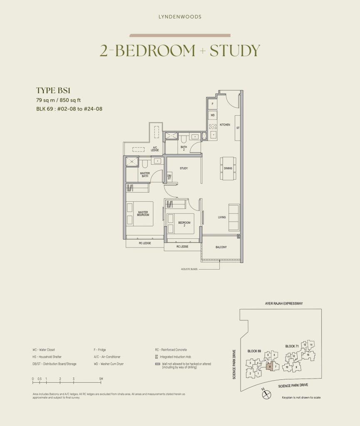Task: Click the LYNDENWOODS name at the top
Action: [180, 17]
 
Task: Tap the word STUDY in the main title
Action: [235, 50]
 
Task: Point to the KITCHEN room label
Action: [225, 125]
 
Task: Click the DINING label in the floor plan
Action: [228, 168]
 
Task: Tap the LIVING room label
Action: [222, 217]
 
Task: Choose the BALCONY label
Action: [221, 247]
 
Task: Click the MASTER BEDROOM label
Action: [143, 213]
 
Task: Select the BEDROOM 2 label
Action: [184, 223]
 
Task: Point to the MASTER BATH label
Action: [144, 175]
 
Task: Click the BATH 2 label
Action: [184, 148]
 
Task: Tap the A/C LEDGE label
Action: [155, 149]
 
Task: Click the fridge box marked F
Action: [212, 103]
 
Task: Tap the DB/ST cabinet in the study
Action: [169, 177]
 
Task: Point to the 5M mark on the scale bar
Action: [101, 379]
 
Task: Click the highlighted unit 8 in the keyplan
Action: [270, 367]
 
